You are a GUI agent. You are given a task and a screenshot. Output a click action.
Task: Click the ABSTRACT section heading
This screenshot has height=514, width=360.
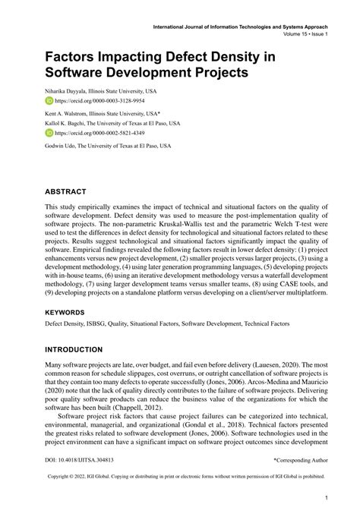[66, 191]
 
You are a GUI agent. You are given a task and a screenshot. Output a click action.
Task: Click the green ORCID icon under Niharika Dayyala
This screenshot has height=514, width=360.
[49, 100]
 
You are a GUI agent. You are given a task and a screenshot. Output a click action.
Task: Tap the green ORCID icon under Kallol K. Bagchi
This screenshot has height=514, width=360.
[49, 131]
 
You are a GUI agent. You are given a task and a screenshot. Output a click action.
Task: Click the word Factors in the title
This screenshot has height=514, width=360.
[79, 57]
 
